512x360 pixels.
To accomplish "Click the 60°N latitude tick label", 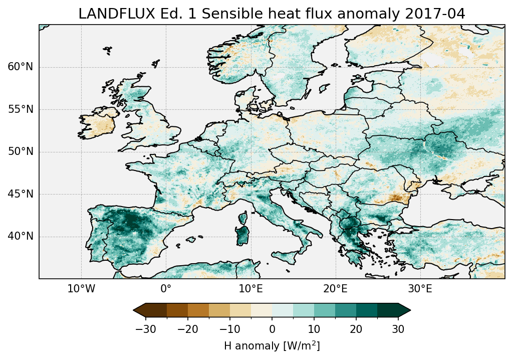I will click(20, 67).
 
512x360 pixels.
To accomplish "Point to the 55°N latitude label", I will click(20, 109).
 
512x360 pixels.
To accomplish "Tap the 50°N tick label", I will click(20, 152).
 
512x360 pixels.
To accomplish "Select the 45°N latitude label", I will click(20, 194).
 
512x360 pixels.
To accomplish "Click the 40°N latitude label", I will click(20, 236).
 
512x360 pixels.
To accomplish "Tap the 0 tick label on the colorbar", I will click(272, 329).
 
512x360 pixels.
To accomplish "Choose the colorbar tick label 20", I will click(356, 329).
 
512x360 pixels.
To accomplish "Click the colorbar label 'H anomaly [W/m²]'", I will click(272, 346).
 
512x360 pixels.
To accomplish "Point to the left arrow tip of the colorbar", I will click(134, 310).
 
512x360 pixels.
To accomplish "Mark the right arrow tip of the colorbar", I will click(410, 310).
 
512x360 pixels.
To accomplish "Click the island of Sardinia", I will click(243, 236).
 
